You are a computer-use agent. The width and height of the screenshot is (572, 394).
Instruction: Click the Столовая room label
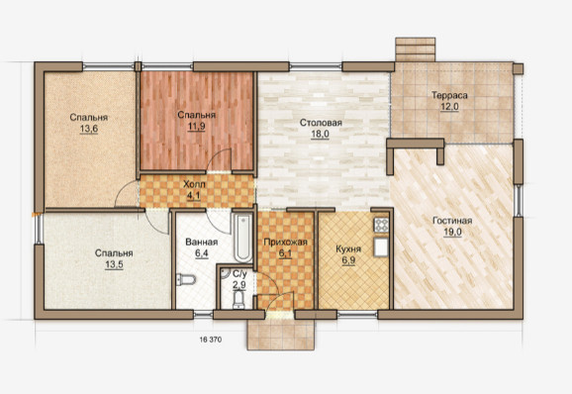[x=321, y=123]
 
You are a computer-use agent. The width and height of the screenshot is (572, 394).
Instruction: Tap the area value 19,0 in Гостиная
[x=452, y=232]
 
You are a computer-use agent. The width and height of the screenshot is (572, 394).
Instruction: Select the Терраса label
[x=449, y=96]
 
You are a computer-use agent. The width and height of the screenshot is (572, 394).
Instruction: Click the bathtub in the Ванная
[x=243, y=238]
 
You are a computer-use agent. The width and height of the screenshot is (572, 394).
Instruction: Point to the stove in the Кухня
[x=381, y=225]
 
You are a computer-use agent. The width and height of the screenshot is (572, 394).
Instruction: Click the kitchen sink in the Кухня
[x=381, y=246]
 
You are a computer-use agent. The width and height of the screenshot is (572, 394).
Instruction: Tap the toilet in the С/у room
[x=238, y=300]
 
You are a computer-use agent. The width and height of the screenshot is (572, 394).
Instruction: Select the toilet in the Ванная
[x=186, y=279]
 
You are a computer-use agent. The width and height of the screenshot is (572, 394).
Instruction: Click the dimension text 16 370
[x=211, y=340]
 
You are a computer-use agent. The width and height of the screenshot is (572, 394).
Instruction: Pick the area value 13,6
[x=89, y=129]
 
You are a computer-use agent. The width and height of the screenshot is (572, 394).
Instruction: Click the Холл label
[x=194, y=184]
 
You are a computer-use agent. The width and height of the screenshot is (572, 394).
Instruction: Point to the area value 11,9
[x=196, y=127]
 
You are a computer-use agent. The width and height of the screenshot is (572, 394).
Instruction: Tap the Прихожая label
[x=286, y=243]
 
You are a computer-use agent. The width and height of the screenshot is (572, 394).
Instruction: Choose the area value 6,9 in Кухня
[x=348, y=260]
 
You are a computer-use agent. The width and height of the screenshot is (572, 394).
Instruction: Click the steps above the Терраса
[x=415, y=49]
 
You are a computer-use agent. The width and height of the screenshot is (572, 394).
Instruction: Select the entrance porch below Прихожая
[x=280, y=335]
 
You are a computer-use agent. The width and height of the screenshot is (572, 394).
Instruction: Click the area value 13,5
[x=114, y=264]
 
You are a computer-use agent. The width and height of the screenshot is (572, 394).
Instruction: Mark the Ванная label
[x=201, y=243]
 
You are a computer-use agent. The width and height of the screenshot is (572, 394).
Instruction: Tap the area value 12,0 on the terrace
[x=449, y=107]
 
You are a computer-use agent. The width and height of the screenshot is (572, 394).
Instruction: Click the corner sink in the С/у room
[x=225, y=273]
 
